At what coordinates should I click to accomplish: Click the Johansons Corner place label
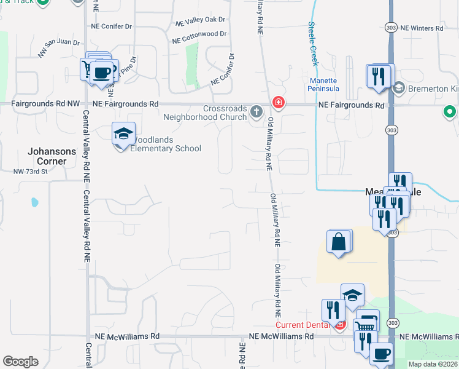click(52, 156)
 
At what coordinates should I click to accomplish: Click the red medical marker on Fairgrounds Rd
click(278, 101)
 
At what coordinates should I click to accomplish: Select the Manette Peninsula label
click(323, 84)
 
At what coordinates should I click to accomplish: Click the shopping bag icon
click(339, 242)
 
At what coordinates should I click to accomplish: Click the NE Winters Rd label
click(422, 28)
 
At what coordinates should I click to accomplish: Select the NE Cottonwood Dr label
click(199, 38)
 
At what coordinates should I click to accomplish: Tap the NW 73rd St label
click(31, 172)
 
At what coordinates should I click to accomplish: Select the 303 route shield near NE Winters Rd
click(391, 28)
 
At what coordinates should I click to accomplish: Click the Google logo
click(20, 362)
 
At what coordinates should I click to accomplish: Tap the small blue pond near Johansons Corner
click(34, 202)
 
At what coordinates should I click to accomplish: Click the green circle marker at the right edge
click(450, 112)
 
